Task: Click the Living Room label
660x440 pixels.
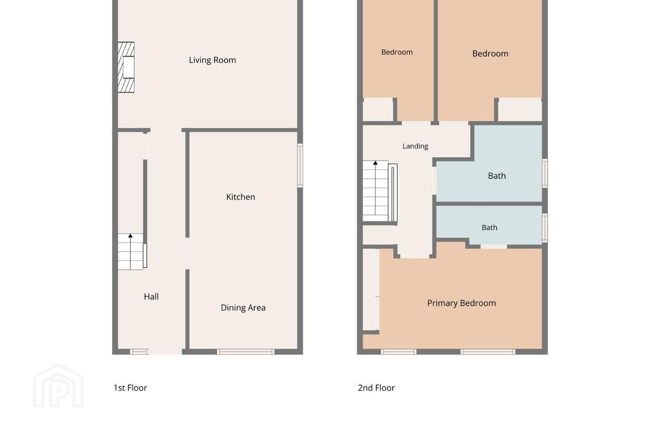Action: point(212,60)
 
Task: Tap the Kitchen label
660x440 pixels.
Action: point(241,197)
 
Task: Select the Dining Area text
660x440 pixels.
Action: point(243,308)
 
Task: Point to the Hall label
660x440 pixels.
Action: point(151,297)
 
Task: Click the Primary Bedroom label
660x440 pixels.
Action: point(462,303)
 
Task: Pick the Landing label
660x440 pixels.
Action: point(415,146)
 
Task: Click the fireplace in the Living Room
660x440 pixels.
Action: point(126,67)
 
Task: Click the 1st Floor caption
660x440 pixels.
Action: point(130,388)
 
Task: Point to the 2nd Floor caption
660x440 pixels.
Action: point(376,388)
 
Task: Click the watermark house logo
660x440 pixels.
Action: point(58,385)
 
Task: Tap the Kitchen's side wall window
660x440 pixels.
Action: point(300,165)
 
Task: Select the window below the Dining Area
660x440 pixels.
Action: point(246,352)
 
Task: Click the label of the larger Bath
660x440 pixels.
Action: point(497,176)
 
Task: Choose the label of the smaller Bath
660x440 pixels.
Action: point(489,227)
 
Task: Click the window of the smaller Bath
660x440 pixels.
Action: point(545,228)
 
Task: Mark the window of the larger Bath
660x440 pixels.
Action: point(545,173)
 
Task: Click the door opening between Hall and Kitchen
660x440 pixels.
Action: point(187,253)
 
